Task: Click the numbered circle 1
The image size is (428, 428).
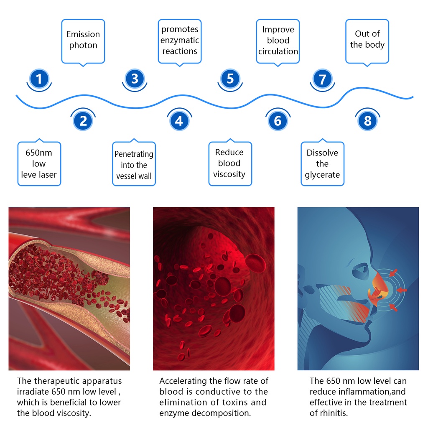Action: [39, 79]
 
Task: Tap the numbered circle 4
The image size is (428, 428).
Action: [179, 121]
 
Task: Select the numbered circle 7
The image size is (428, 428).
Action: [322, 79]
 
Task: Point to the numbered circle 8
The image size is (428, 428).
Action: [368, 121]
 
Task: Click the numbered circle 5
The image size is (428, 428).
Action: [230, 79]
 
